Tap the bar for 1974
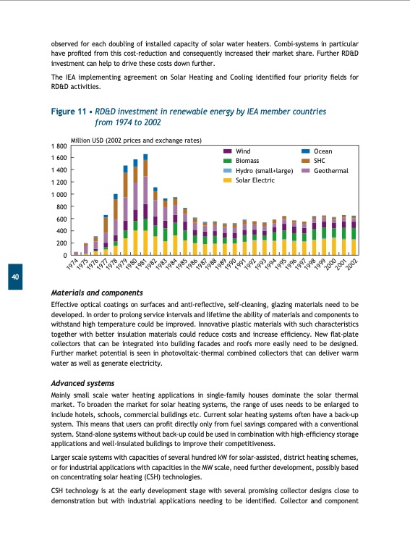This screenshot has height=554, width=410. coord(76,253)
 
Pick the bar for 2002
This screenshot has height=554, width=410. coord(354,235)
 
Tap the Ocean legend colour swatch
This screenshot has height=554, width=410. coord(304,151)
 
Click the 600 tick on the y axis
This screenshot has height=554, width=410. coord(61,219)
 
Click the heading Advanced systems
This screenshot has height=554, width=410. coord(82,382)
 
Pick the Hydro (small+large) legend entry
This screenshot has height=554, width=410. coord(265,170)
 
